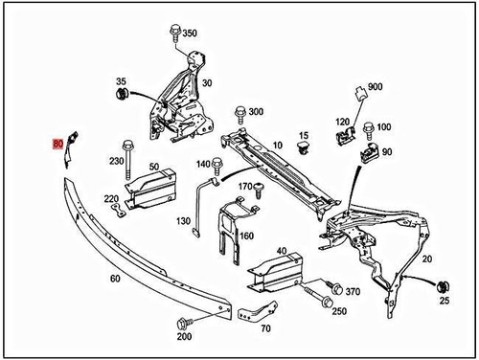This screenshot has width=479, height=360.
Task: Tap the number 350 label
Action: click(189, 34)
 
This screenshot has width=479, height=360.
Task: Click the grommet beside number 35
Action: click(122, 96)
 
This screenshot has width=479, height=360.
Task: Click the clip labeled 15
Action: click(305, 150)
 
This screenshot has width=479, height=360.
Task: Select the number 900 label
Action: click(375, 86)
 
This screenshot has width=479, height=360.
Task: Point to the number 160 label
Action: click(246, 236)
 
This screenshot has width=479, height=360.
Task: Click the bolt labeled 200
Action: click(183, 322)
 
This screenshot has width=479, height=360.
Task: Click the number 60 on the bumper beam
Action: click(114, 280)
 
